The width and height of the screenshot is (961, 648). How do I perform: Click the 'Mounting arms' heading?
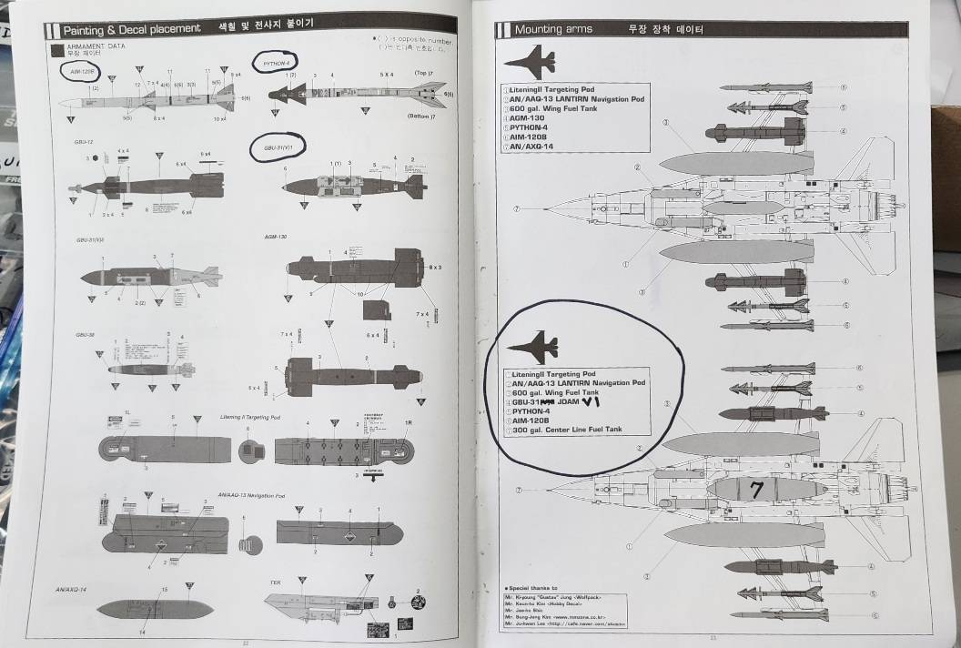552,29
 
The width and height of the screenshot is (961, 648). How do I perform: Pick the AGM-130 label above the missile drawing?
276,237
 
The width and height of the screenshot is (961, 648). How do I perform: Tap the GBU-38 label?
86,335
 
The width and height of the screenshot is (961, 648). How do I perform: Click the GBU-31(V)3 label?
89,239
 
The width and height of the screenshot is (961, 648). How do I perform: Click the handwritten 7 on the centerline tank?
755,490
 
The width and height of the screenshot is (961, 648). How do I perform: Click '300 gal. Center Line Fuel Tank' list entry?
567,429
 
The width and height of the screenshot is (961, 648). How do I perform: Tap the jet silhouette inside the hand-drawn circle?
533,347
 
